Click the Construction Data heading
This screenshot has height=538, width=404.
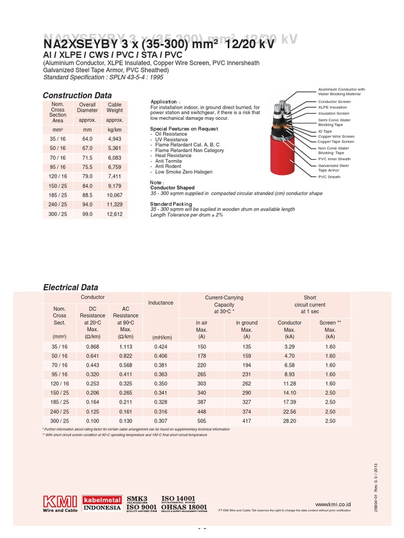77,96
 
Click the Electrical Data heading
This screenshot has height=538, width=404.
70,287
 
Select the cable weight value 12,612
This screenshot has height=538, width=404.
115,214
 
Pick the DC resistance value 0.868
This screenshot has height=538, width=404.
93,347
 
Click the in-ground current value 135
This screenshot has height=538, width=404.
246,347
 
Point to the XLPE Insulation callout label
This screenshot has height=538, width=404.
332,107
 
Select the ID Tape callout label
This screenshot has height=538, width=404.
325,131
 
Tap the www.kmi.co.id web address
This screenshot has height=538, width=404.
334,504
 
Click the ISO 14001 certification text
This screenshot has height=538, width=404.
178,498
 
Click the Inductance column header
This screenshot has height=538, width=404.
161,303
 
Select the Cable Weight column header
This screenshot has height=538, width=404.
115,108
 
